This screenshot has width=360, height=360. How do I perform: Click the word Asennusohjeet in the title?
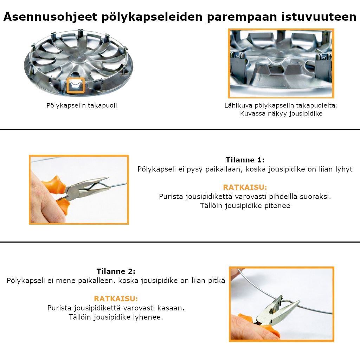(50, 17)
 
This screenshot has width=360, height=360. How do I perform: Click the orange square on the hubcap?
(76, 85)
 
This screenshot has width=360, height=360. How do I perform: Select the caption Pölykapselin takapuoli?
(82, 105)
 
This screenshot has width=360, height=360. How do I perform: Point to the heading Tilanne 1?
(245, 160)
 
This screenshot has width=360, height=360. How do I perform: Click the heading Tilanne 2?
(116, 271)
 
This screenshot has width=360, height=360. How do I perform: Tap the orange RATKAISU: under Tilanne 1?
(245, 187)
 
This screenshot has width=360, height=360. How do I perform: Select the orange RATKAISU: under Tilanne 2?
(116, 299)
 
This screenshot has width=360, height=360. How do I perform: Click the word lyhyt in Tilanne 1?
(344, 169)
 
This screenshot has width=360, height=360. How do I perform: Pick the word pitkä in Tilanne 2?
(216, 281)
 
